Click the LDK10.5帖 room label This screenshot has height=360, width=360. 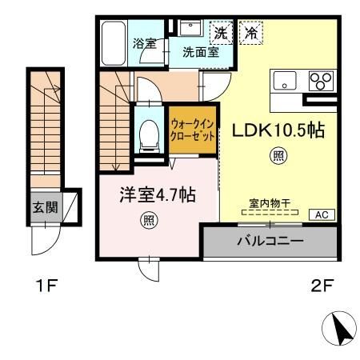pos(278,130)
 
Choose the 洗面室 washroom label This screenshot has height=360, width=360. pos(200,54)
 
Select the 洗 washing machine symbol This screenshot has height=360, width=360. pos(219,34)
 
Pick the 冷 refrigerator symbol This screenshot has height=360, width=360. pos(251,34)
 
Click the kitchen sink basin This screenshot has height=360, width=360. pos(286,81)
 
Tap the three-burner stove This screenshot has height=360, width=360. pos(320,81)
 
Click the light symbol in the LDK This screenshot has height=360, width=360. pos(278,157)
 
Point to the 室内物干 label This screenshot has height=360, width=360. pos(267,204)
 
